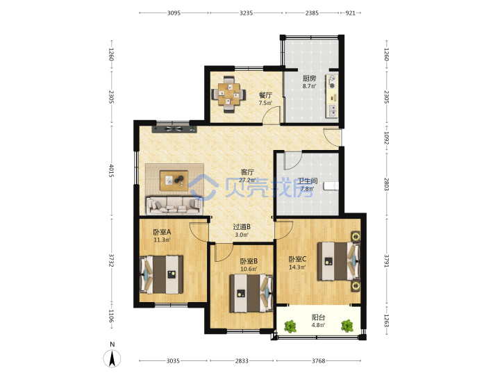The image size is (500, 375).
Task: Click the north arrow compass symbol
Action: [x=112, y=358]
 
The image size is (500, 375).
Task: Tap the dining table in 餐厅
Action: [x=228, y=94]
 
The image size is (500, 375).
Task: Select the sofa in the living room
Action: [x=174, y=206]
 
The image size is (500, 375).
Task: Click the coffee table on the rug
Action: [x=174, y=181]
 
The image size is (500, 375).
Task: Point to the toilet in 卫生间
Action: [x=331, y=185]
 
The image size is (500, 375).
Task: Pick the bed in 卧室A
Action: [x=161, y=274]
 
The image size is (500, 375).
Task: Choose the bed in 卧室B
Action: [x=251, y=293]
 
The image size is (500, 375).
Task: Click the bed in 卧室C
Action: [x=338, y=262]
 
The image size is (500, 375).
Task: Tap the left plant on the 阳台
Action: [x=290, y=326]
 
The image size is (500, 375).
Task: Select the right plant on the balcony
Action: [x=347, y=326]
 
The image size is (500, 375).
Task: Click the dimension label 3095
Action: [x=174, y=13]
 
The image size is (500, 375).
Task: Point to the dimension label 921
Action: [x=350, y=13]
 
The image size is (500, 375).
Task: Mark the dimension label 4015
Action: [x=111, y=171]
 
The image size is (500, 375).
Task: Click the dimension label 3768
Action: [x=318, y=361]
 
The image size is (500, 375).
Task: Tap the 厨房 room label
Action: [x=309, y=78]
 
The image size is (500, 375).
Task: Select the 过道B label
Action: [x=242, y=226]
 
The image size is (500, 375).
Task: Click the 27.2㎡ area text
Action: [x=247, y=180]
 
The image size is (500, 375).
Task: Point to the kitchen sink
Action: [x=332, y=110]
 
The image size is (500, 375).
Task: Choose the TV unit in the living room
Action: [x=174, y=129]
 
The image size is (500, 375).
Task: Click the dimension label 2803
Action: [x=386, y=184]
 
